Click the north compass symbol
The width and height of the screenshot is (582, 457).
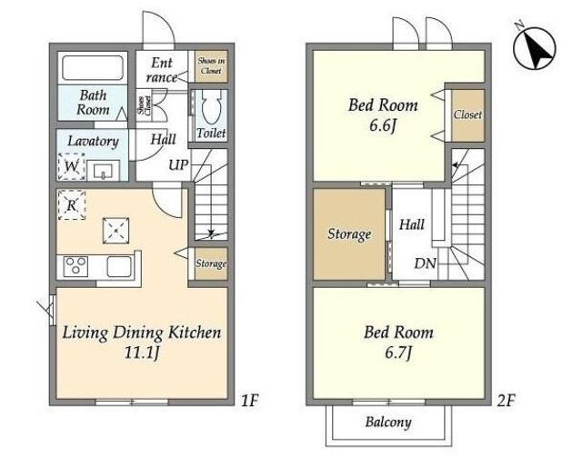click(x=534, y=47)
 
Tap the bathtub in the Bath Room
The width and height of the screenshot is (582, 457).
click(x=93, y=67)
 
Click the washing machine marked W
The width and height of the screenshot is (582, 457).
click(x=72, y=166)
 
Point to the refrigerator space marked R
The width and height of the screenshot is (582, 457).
click(x=72, y=204)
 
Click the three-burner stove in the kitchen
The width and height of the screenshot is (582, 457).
click(x=75, y=266)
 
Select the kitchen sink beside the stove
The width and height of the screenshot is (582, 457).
click(x=119, y=266)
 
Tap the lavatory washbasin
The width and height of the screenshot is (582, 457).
click(x=104, y=171)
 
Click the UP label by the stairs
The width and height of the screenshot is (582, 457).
click(x=178, y=164)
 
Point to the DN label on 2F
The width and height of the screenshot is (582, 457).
click(x=425, y=263)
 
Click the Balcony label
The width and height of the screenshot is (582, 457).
click(x=388, y=422)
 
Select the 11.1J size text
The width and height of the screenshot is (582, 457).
click(x=142, y=353)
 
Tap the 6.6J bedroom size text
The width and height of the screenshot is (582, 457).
click(x=383, y=125)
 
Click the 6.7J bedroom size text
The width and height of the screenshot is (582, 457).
click(x=398, y=353)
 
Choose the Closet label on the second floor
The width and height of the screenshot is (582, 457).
click(x=467, y=114)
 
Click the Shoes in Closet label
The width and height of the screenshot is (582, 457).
click(x=211, y=65)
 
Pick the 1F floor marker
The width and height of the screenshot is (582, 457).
click(x=249, y=401)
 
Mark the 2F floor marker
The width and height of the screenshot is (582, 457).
click(x=507, y=401)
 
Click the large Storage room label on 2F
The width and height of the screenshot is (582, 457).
click(x=349, y=234)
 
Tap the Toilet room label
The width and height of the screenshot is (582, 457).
click(x=211, y=133)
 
